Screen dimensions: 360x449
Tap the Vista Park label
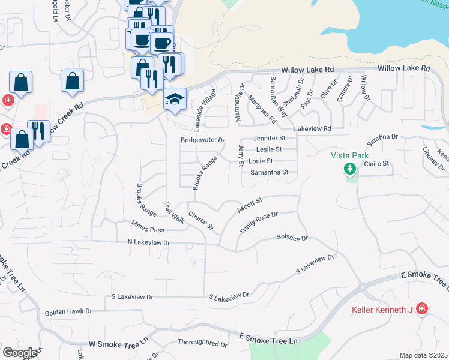point(350,155)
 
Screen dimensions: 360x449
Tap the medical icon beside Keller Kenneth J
point(422,309)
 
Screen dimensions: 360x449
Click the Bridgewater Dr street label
point(202,140)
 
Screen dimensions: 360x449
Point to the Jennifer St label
point(270,138)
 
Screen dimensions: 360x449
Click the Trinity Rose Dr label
point(259,223)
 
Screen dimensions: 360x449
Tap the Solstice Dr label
point(292,238)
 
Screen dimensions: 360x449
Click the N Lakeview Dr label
point(149,242)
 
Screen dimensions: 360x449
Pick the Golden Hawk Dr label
point(68,312)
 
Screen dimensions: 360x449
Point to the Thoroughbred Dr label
point(202,344)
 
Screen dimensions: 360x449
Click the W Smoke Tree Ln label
point(118,344)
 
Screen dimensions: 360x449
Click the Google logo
point(20,353)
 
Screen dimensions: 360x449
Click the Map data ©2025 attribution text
point(423,355)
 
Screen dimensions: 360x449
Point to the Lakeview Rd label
point(312,129)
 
